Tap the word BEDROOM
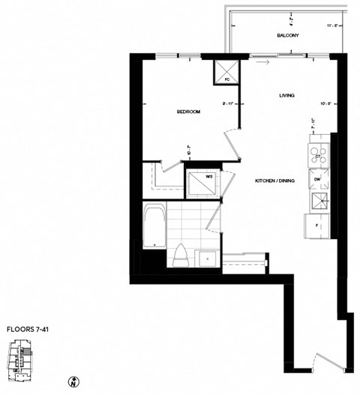(188, 112)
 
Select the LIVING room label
(286, 95)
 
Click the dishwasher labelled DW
(317, 180)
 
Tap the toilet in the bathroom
(179, 255)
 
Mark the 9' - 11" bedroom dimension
(228, 103)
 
